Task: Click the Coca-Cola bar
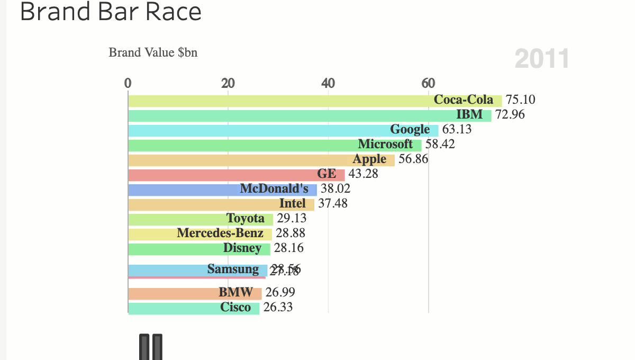(x=280, y=101)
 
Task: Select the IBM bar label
(x=469, y=114)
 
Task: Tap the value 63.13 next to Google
(x=457, y=129)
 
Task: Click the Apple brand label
(x=369, y=159)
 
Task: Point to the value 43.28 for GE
(x=364, y=174)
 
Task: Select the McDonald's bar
(x=185, y=190)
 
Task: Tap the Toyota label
(x=245, y=219)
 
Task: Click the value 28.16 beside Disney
(x=289, y=248)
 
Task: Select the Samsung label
(x=233, y=269)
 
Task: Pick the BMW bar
(x=175, y=293)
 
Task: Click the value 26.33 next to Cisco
(x=278, y=308)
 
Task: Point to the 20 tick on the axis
(x=228, y=84)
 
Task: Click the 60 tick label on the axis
(x=428, y=84)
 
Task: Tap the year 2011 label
(x=542, y=58)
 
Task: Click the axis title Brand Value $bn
(x=153, y=52)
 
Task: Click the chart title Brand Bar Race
(x=111, y=12)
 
